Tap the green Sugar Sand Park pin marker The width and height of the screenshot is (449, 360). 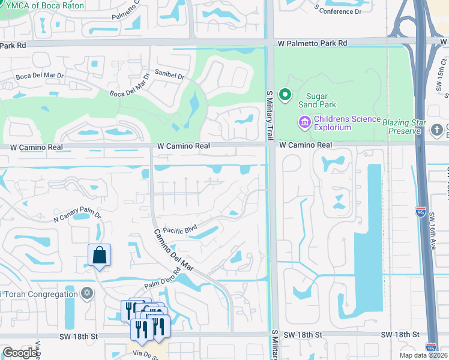pos(285,95)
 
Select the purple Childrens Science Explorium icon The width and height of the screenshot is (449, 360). pos(304,123)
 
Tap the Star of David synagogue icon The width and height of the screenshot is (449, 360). pos(87,293)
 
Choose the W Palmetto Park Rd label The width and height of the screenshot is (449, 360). pos(312,43)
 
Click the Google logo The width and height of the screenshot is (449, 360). pos(20,353)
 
